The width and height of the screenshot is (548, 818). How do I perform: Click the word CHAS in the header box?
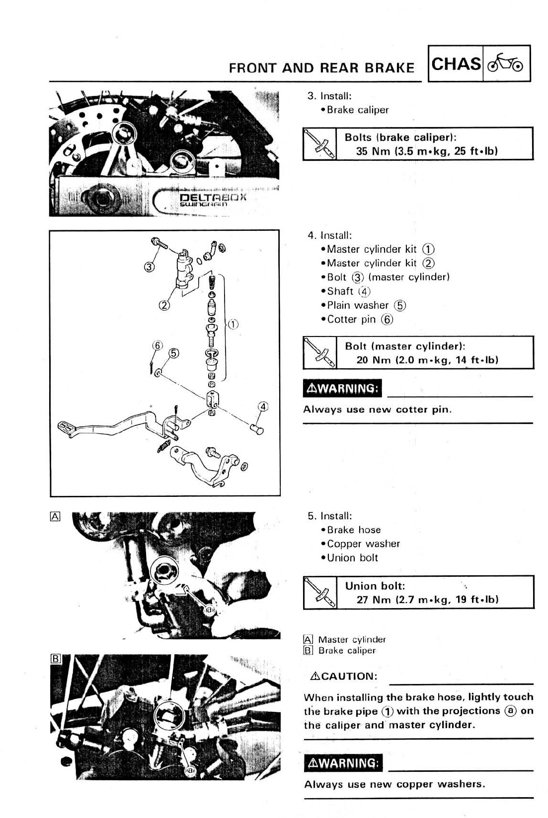456,64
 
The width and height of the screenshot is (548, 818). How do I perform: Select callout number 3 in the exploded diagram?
148,267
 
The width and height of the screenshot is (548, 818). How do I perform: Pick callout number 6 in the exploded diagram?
157,345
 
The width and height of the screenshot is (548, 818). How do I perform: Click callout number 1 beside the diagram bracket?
233,325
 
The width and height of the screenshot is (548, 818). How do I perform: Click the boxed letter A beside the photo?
55,516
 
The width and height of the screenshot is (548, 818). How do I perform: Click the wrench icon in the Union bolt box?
320,592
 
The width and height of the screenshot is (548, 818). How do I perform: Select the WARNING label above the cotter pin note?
342,388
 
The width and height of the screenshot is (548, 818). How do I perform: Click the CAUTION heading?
343,676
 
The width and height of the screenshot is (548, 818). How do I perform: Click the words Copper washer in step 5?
363,544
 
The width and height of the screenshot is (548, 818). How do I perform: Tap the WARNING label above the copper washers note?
343,763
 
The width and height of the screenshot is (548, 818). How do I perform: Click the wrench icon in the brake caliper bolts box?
319,143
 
